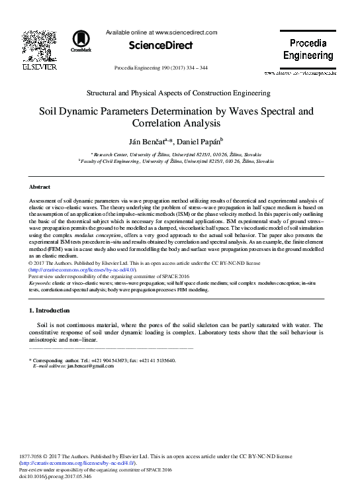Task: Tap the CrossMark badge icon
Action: point(84,40)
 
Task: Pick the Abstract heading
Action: point(40,187)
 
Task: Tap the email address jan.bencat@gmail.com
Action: point(87,366)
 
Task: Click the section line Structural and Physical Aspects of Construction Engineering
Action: point(179,93)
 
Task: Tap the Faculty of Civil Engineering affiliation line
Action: point(179,160)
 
